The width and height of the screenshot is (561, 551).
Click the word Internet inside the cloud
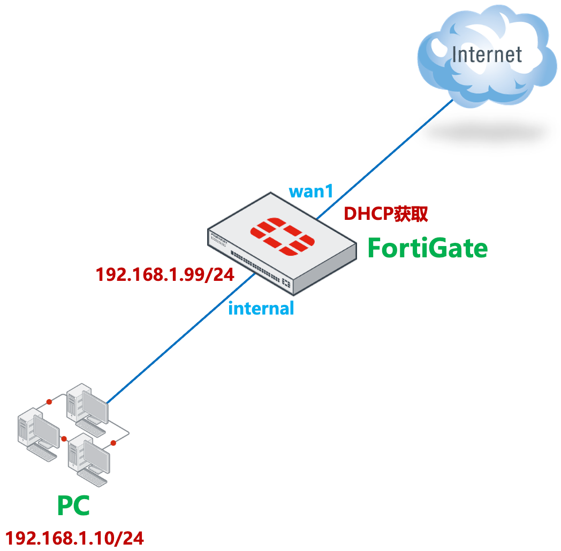[486, 55]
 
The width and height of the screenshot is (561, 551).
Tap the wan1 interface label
[310, 191]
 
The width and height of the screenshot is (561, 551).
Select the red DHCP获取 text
[385, 214]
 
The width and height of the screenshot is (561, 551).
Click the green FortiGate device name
[427, 248]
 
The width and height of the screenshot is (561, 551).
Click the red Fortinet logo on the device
[283, 236]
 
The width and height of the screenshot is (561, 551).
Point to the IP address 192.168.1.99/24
[165, 274]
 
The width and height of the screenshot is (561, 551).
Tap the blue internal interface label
[261, 308]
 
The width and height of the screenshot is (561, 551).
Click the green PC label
[73, 506]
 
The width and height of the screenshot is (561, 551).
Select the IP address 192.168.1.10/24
[74, 538]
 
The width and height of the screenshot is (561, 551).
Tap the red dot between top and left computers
[49, 401]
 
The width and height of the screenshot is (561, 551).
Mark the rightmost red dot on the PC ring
[113, 443]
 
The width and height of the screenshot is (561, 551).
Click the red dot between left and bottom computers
[64, 439]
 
